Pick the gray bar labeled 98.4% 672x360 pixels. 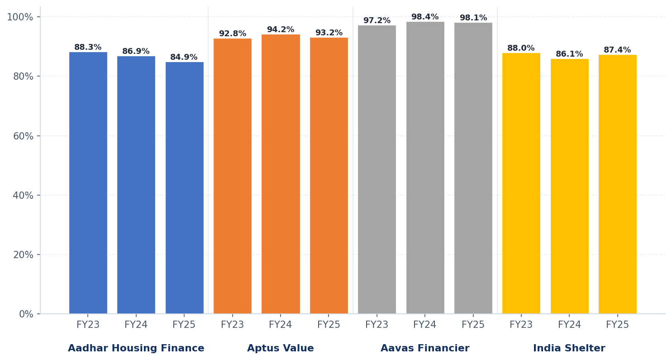coord(425,168)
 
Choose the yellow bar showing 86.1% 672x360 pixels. coord(569,186)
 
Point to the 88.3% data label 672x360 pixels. coord(88,48)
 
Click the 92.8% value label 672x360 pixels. coord(233,34)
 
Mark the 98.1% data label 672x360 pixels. coord(473,18)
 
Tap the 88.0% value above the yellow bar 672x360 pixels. coord(521,48)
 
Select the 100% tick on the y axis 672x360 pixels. coord(20,17)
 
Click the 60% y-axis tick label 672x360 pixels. coord(23,136)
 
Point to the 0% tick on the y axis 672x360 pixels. coord(26,314)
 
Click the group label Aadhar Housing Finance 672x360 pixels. coord(136,348)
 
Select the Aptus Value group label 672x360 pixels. coord(280,348)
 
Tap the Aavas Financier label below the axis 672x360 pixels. coord(425,348)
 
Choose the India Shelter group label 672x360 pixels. coord(569,348)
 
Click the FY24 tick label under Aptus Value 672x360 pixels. coord(281,325)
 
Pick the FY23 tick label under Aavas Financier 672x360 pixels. coord(377,325)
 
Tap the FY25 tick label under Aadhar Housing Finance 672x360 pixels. coord(184,325)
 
